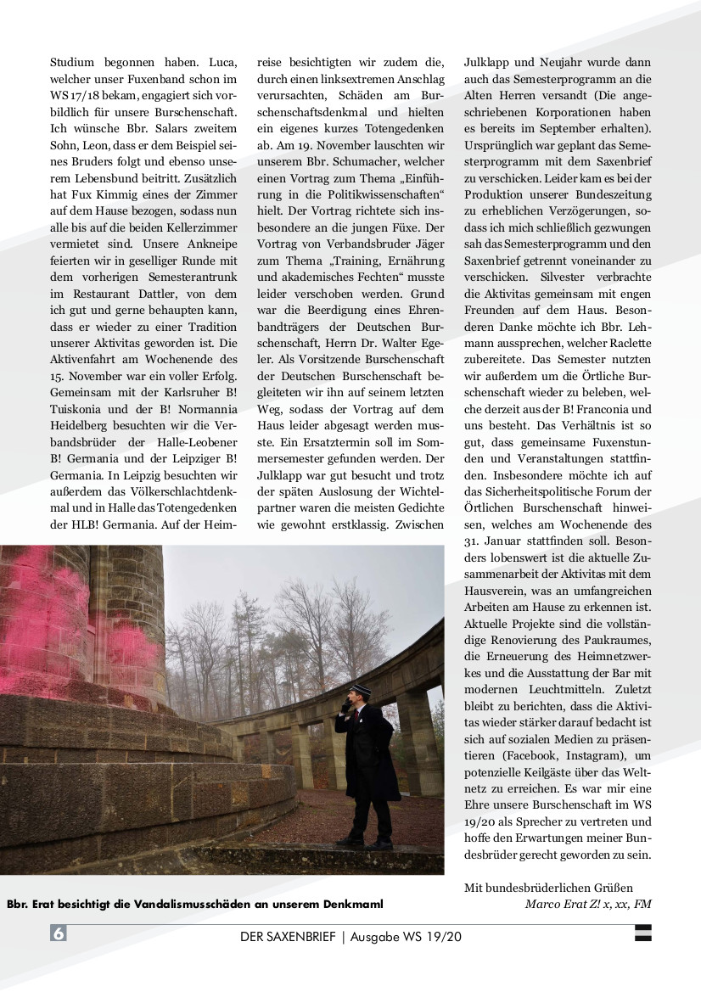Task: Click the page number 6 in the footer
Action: (59, 933)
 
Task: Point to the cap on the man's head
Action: (350, 685)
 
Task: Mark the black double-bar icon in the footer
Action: (643, 933)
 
